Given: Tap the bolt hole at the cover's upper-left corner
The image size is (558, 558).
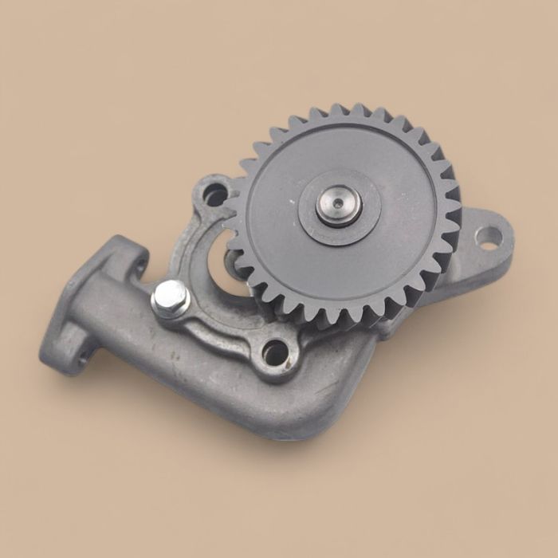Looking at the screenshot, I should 215,192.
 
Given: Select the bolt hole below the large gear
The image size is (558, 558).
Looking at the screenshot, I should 275,351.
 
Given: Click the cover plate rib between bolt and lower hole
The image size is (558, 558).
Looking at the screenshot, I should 223,327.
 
